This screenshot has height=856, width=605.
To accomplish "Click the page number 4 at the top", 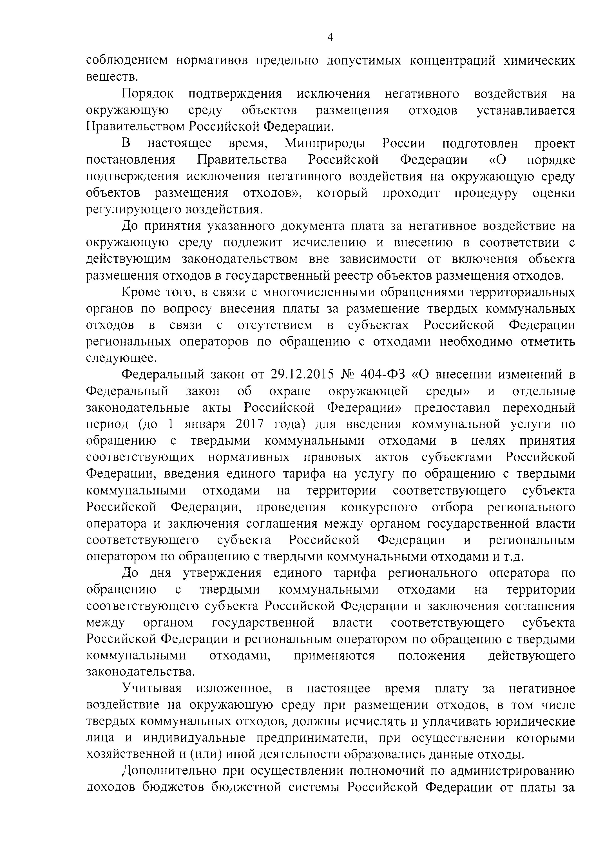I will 330,37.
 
